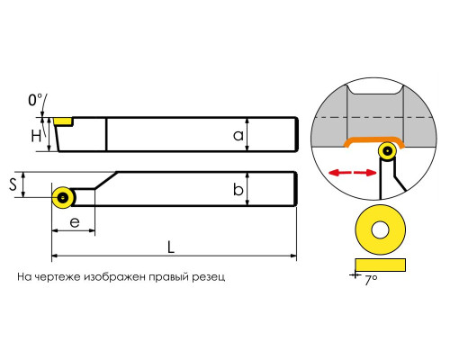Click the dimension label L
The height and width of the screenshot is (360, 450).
click(170, 247)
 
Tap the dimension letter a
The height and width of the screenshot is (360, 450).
click(238, 136)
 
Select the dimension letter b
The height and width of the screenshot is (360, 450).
click(238, 189)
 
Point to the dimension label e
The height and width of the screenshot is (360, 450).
click(75, 222)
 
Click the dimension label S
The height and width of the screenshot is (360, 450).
click(13, 184)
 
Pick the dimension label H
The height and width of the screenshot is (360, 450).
click(36, 136)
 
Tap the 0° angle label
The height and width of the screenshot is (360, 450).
click(35, 100)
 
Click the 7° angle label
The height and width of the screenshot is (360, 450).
click(371, 280)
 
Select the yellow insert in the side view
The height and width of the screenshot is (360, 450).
click(63, 121)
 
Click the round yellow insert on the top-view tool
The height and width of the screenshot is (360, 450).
click(63, 197)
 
